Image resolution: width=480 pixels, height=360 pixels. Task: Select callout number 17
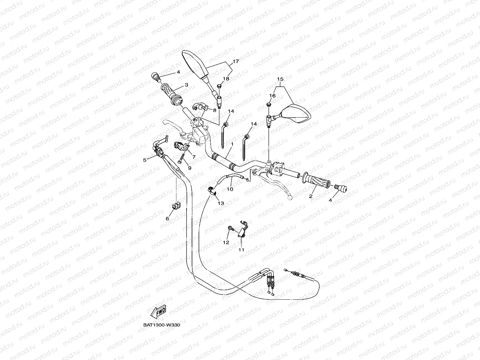pos(235,61)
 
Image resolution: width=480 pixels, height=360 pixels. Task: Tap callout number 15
pos(280,79)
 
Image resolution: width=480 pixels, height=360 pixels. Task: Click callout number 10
pos(230,189)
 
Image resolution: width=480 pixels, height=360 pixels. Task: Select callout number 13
pos(221,203)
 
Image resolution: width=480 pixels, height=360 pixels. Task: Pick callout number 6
pos(167,219)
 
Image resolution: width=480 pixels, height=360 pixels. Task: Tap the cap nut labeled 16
pos(269,105)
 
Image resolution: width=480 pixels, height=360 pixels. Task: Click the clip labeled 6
pos(175,206)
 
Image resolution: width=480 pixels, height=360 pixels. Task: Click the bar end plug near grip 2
pos(341,188)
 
